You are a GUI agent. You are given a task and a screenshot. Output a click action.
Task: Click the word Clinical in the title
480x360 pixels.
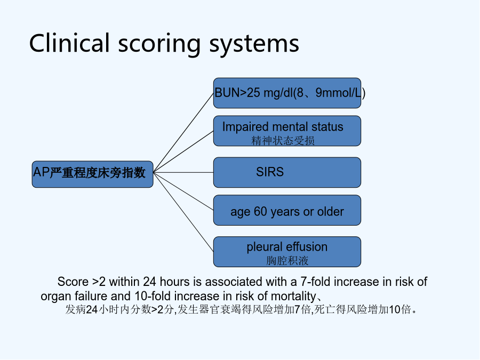pos(69,43)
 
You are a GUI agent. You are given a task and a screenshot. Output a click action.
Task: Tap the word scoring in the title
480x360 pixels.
pos(159,45)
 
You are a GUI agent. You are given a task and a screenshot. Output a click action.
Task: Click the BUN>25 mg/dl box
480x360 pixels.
pos(287,93)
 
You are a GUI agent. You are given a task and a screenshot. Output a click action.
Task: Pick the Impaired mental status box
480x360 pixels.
pos(287,131)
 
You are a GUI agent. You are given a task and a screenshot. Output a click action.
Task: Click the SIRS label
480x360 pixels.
pos(270,172)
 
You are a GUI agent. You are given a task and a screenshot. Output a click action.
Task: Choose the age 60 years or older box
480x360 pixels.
pos(287,210)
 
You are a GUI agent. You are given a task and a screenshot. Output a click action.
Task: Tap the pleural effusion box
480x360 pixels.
pos(287,252)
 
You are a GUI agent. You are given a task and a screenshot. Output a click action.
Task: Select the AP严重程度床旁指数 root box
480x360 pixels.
pos(92,174)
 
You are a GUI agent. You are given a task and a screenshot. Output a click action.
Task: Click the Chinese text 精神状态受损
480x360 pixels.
pos(283,141)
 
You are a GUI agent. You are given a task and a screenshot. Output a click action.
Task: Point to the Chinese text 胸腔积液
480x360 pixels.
pos(287,261)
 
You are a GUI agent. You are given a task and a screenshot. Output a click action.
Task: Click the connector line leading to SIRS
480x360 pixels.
pos(183,173)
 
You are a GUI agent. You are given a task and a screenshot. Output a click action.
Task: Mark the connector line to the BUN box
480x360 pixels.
pos(183,133)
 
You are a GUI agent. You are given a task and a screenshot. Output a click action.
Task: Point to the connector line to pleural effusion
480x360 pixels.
pos(183,212)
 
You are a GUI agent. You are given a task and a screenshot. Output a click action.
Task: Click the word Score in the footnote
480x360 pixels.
pos(73,282)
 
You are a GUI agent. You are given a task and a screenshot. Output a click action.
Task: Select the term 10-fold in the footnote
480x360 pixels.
pos(153,297)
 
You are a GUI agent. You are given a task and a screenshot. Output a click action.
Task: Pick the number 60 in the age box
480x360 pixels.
pos(260,212)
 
